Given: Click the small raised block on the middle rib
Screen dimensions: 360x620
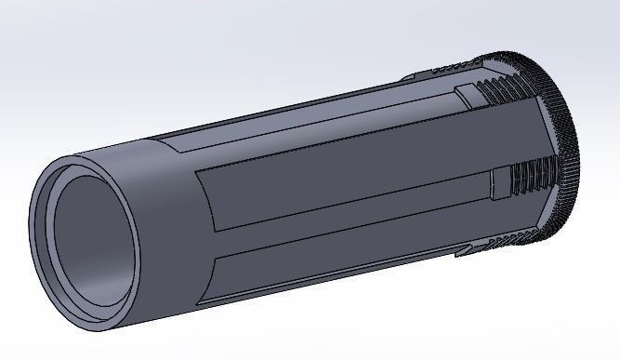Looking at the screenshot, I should coord(501,184).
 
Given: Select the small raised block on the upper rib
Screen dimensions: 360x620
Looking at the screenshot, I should coord(468,94).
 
